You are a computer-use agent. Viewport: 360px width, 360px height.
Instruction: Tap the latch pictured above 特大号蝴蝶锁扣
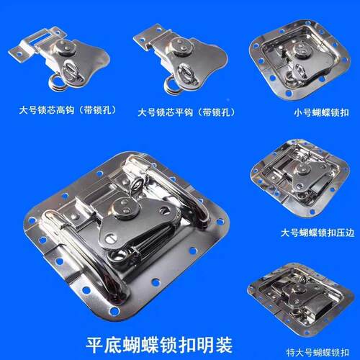(299, 297)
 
